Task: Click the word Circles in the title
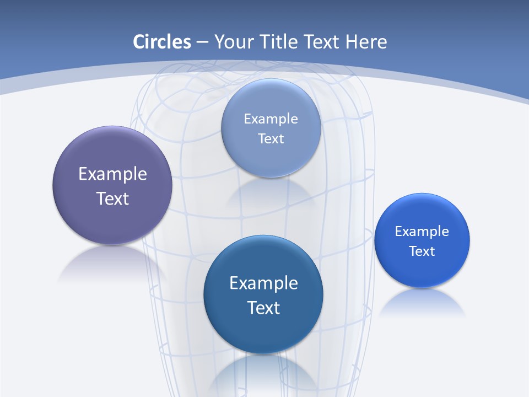point(162,42)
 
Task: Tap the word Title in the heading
point(280,42)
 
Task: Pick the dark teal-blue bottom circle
point(263,331)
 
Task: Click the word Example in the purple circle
point(112,174)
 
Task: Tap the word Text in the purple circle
point(112,198)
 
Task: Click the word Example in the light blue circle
point(271,119)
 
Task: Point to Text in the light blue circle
point(271,139)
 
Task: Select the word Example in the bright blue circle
point(422,232)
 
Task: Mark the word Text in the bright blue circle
point(422,251)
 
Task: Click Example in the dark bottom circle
point(263,283)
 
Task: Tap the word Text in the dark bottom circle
point(263,308)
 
